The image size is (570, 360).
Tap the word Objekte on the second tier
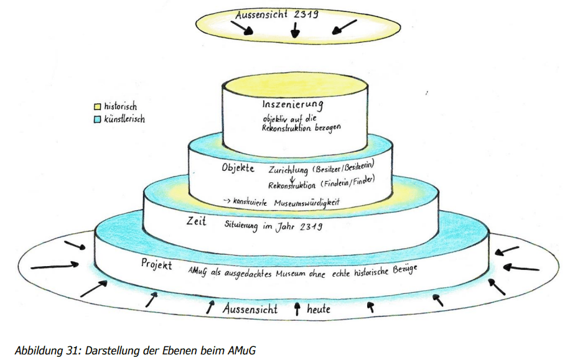point(238,168)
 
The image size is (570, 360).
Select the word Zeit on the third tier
point(197,221)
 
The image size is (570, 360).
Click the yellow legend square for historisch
point(97,107)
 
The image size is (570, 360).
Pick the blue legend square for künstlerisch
point(97,119)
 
